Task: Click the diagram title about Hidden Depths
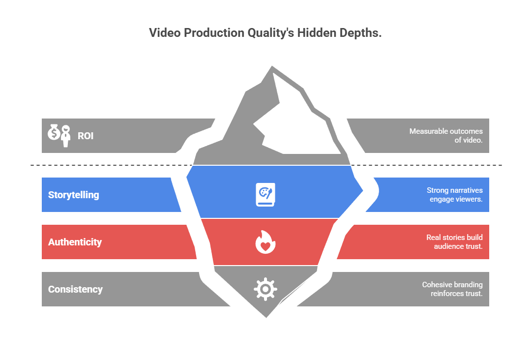(265, 33)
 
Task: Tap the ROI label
(86, 136)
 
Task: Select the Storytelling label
(74, 195)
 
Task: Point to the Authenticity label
(75, 242)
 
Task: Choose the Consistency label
(75, 289)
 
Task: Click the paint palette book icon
(265, 194)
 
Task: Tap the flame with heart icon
(265, 241)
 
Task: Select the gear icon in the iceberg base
(265, 289)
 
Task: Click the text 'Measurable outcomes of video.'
(446, 136)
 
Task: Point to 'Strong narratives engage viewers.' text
(454, 195)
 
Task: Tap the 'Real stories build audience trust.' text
(454, 242)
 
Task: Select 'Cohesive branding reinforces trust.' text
(452, 289)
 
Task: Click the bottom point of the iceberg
(266, 316)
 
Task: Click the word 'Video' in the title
(164, 33)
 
